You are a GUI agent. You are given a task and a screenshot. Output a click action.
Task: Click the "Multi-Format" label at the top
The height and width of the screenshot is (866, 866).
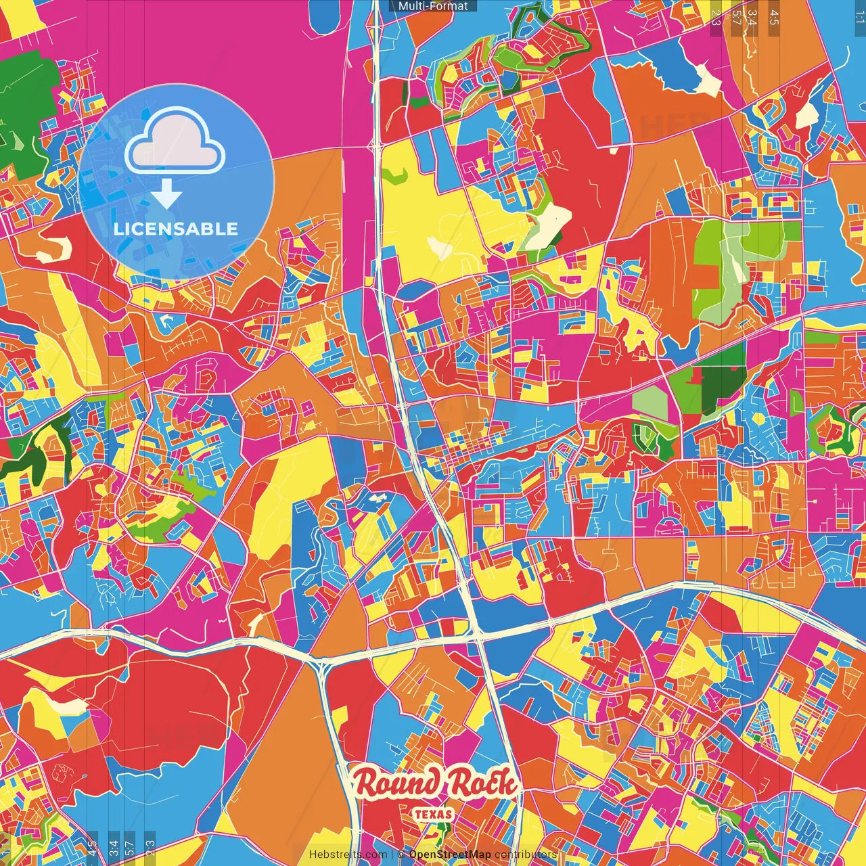pos(433,6)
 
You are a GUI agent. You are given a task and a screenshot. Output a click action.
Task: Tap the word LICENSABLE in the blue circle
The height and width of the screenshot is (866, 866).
pos(176,229)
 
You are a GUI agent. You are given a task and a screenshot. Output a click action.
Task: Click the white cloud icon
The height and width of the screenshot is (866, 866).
pos(175,140)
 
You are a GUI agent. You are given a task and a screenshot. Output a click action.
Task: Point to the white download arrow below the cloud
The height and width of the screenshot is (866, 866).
pos(166,194)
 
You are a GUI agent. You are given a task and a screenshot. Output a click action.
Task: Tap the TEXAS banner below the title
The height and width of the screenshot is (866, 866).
pos(434,814)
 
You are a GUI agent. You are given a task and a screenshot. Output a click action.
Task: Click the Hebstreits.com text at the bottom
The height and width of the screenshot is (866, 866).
pos(348,854)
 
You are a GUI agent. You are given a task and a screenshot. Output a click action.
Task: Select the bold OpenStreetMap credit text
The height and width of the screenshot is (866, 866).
pos(450,854)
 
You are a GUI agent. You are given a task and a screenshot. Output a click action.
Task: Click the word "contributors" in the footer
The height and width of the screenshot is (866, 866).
pos(526,854)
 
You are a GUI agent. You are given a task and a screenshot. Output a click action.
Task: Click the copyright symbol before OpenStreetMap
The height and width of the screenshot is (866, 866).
pos(401,854)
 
